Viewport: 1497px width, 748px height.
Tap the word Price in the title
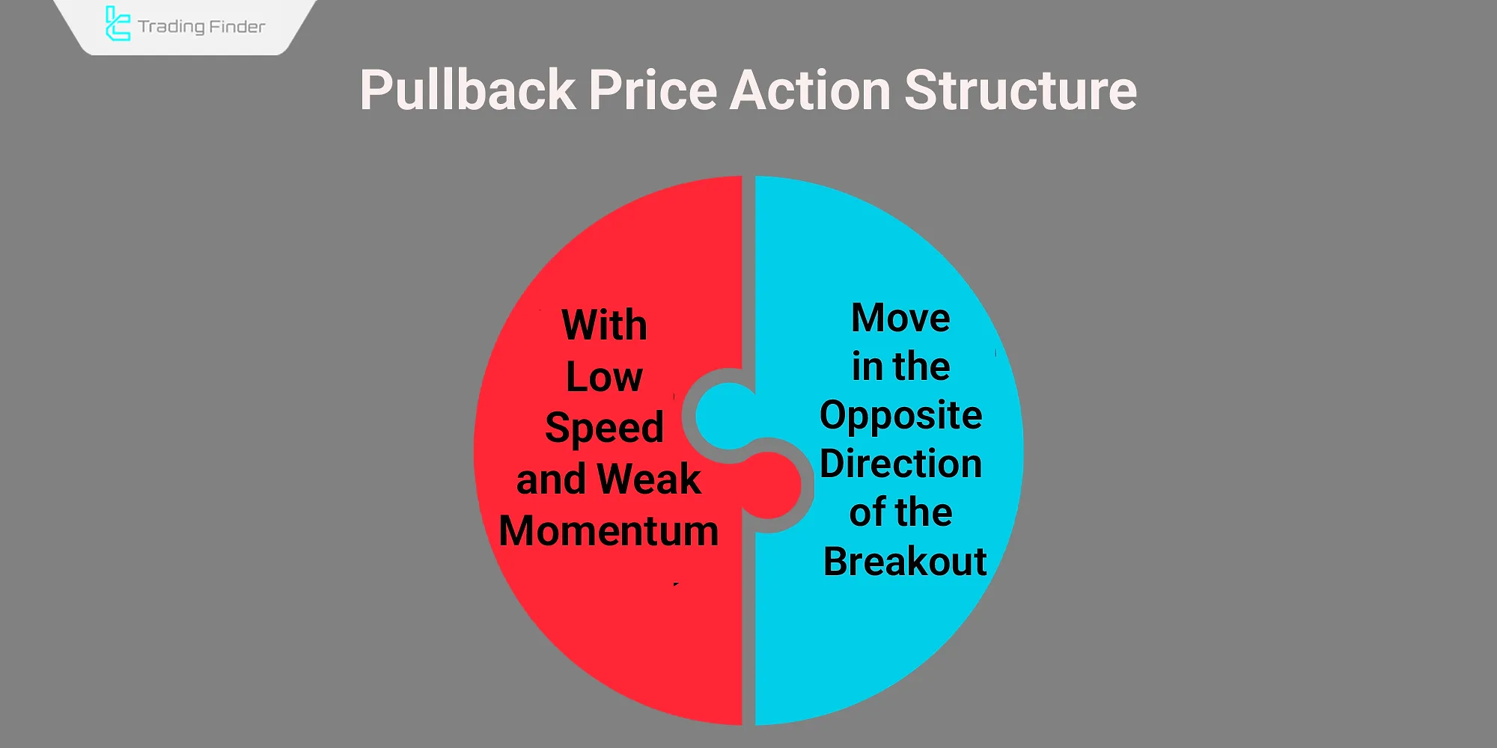[x=653, y=90]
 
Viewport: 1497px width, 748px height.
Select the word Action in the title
[x=811, y=90]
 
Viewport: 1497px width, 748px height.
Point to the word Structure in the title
[x=1021, y=90]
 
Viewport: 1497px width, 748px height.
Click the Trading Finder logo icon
[x=118, y=23]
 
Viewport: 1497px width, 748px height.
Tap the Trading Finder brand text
[x=201, y=27]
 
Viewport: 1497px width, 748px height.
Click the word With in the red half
[x=604, y=325]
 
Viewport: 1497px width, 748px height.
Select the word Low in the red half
[x=604, y=376]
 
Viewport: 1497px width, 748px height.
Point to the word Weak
[x=649, y=479]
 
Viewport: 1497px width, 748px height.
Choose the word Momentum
[x=609, y=531]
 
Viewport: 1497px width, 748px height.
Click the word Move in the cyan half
[x=900, y=318]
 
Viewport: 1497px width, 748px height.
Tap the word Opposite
[x=900, y=416]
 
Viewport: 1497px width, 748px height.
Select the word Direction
[x=900, y=464]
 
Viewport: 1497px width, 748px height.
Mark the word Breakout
[x=905, y=561]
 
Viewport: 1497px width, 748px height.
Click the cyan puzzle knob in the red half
[x=726, y=416]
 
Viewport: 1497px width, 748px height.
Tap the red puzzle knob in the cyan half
[x=771, y=485]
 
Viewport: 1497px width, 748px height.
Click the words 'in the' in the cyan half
[x=900, y=367]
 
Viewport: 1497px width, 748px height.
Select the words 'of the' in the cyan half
[x=900, y=512]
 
